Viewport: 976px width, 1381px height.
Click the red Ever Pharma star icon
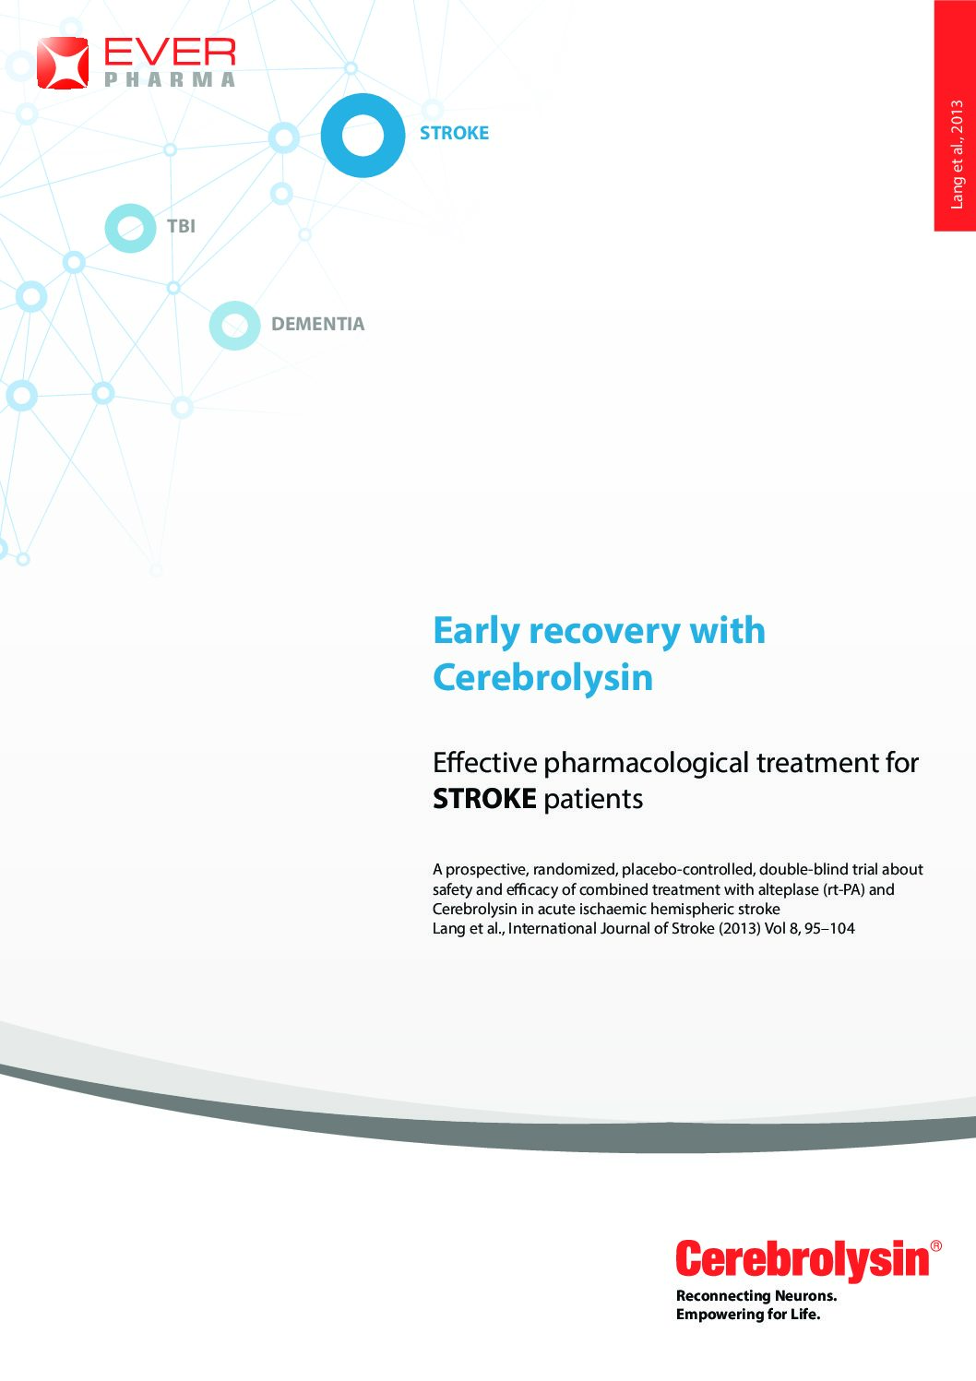click(x=63, y=62)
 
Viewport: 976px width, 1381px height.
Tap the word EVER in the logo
click(x=170, y=52)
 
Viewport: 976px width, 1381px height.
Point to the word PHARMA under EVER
click(x=170, y=79)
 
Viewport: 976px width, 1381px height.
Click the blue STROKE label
click(x=455, y=133)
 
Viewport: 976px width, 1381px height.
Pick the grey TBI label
click(x=181, y=226)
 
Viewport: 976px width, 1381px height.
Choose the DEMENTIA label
click(x=318, y=324)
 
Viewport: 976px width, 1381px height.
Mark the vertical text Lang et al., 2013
click(x=957, y=155)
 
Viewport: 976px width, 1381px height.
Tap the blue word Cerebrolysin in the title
click(x=543, y=678)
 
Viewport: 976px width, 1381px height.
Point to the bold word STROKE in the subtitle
click(x=484, y=799)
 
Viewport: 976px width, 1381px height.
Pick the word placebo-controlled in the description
click(x=688, y=869)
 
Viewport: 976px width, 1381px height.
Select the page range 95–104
click(x=830, y=928)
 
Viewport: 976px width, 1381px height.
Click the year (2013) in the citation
click(x=739, y=928)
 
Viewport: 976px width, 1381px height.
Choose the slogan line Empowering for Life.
click(x=748, y=1315)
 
